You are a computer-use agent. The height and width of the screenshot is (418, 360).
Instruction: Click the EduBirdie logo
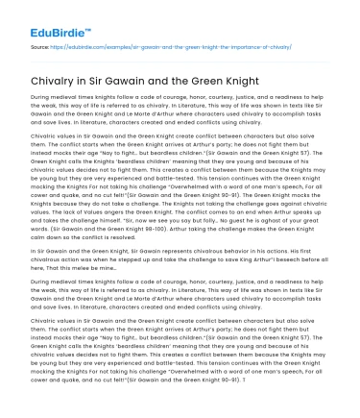click(x=50, y=17)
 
